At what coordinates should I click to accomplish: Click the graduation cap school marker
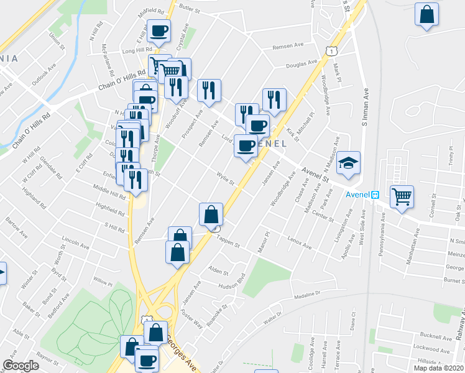(349, 163)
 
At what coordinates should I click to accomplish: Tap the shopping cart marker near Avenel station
(402, 196)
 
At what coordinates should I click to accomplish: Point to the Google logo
(21, 366)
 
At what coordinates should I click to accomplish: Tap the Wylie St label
(224, 179)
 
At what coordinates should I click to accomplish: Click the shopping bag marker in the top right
(427, 16)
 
